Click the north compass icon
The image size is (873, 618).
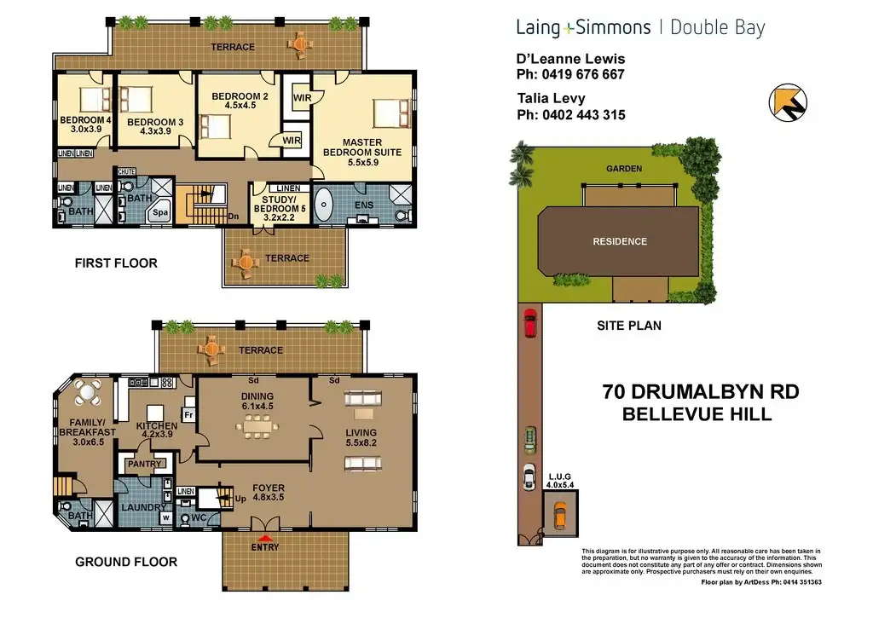[x=788, y=102]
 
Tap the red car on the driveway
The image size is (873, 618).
[x=530, y=323]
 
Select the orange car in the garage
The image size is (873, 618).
[x=560, y=516]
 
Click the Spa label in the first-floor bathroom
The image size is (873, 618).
[x=160, y=212]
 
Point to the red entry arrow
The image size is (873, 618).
[x=265, y=539]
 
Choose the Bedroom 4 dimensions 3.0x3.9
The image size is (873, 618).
[x=86, y=130]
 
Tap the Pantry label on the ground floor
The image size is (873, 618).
[x=144, y=464]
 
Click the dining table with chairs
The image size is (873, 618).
[x=257, y=427]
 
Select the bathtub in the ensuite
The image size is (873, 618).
[x=323, y=205]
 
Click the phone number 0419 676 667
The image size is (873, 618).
[x=583, y=75]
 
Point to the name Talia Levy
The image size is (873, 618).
[x=552, y=99]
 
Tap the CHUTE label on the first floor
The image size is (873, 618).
[x=126, y=172]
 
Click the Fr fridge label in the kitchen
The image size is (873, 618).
[x=188, y=415]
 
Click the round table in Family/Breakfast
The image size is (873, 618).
[x=88, y=392]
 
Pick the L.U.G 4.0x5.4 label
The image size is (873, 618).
[x=559, y=481]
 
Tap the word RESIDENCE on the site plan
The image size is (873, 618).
[x=620, y=241]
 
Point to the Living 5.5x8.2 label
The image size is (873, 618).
[x=361, y=437]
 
